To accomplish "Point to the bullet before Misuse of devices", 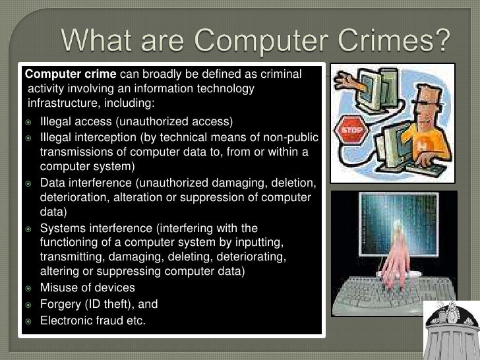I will [29, 288].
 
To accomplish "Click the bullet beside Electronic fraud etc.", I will [29, 321].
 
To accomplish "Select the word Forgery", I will [61, 305].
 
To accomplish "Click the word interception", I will [103, 138].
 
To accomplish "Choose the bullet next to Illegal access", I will [29, 122].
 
